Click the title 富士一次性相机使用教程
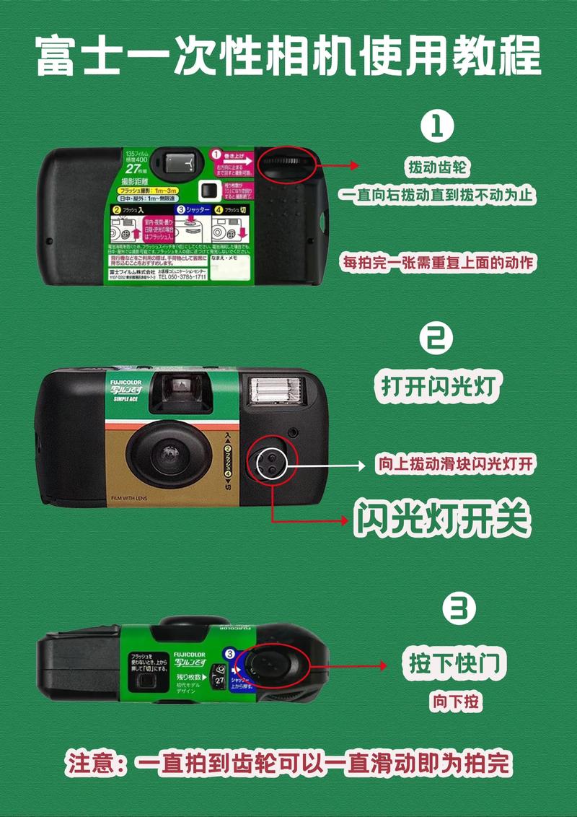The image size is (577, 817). (288, 57)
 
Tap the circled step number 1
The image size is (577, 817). (438, 126)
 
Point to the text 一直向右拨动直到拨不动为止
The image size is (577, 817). (439, 195)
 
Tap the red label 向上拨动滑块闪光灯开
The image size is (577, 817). (456, 464)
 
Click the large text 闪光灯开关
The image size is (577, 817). (441, 517)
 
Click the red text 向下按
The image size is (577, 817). (456, 700)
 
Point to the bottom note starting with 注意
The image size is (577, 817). (288, 762)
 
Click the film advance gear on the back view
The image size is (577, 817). (285, 162)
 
